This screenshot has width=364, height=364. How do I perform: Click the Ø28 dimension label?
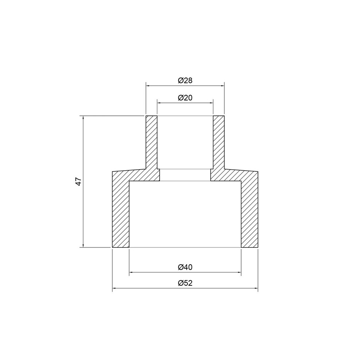click(x=185, y=81)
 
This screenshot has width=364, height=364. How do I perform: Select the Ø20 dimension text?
click(x=185, y=98)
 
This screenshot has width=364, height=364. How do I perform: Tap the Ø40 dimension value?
click(x=185, y=267)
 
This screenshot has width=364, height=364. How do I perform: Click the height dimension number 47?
click(x=78, y=182)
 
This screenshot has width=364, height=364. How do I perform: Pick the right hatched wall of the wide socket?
click(x=249, y=211)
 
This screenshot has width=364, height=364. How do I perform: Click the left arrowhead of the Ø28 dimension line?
click(x=148, y=86)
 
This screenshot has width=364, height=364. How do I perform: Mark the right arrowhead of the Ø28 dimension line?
click(x=222, y=86)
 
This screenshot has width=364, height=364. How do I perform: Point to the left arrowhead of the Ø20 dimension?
click(x=159, y=103)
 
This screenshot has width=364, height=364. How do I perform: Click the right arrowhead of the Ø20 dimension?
click(x=211, y=103)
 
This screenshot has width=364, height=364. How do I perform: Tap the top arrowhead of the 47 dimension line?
click(x=83, y=118)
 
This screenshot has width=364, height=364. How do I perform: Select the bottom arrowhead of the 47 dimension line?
click(x=83, y=246)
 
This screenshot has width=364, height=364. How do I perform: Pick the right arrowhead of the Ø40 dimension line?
click(x=239, y=272)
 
